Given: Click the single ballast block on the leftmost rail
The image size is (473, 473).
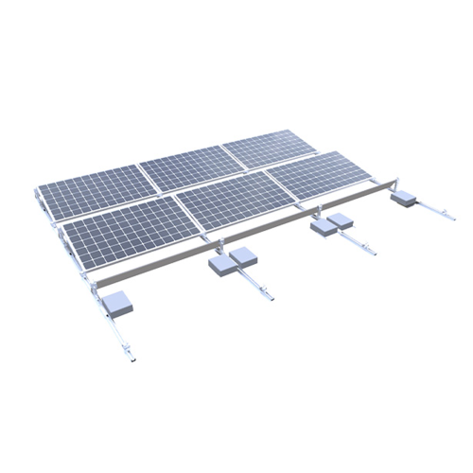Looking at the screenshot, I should tap(120, 303).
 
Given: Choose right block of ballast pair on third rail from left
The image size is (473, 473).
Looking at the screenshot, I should tap(341, 223).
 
